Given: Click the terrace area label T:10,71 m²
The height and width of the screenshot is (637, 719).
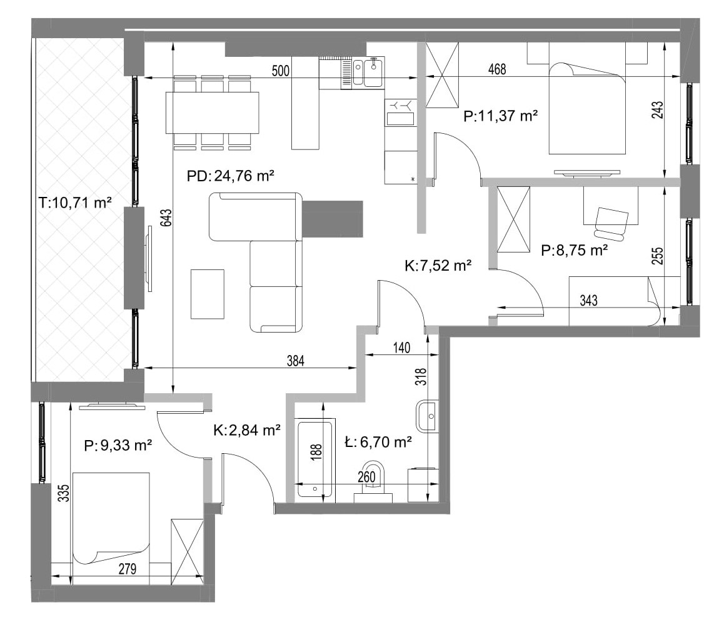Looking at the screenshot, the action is pyautogui.click(x=75, y=203).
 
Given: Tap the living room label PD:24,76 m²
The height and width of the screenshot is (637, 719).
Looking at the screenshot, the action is pyautogui.click(x=231, y=176).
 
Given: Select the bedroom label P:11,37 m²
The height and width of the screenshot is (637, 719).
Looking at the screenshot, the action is pyautogui.click(x=500, y=116).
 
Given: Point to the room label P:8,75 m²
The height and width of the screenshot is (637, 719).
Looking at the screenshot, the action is pyautogui.click(x=575, y=251).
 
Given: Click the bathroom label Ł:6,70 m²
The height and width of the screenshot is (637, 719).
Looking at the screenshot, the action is pyautogui.click(x=378, y=442).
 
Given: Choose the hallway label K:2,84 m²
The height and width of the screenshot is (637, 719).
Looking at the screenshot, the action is pyautogui.click(x=247, y=430).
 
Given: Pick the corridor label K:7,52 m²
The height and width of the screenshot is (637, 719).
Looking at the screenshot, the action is pyautogui.click(x=438, y=266).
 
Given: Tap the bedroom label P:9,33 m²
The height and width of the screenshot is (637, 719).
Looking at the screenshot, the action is pyautogui.click(x=118, y=445).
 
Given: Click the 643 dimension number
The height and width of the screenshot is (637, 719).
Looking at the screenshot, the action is pyautogui.click(x=166, y=218).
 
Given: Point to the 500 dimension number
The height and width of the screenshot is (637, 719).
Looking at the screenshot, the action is pyautogui.click(x=281, y=71).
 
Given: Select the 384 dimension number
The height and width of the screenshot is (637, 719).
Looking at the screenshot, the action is pyautogui.click(x=295, y=361).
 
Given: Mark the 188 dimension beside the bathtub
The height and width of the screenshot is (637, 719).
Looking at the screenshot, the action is pyautogui.click(x=316, y=452).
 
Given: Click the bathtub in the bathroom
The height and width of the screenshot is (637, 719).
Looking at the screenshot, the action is pyautogui.click(x=315, y=459).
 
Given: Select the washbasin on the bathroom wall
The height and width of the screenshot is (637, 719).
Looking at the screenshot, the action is pyautogui.click(x=428, y=416).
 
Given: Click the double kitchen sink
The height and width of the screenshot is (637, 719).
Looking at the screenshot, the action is pyautogui.click(x=368, y=73).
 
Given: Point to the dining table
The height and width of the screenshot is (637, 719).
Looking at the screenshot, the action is pyautogui.click(x=212, y=113).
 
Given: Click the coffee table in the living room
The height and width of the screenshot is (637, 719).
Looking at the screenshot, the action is pyautogui.click(x=208, y=294).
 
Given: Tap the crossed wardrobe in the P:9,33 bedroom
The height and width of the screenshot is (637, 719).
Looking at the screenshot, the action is pyautogui.click(x=187, y=552).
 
